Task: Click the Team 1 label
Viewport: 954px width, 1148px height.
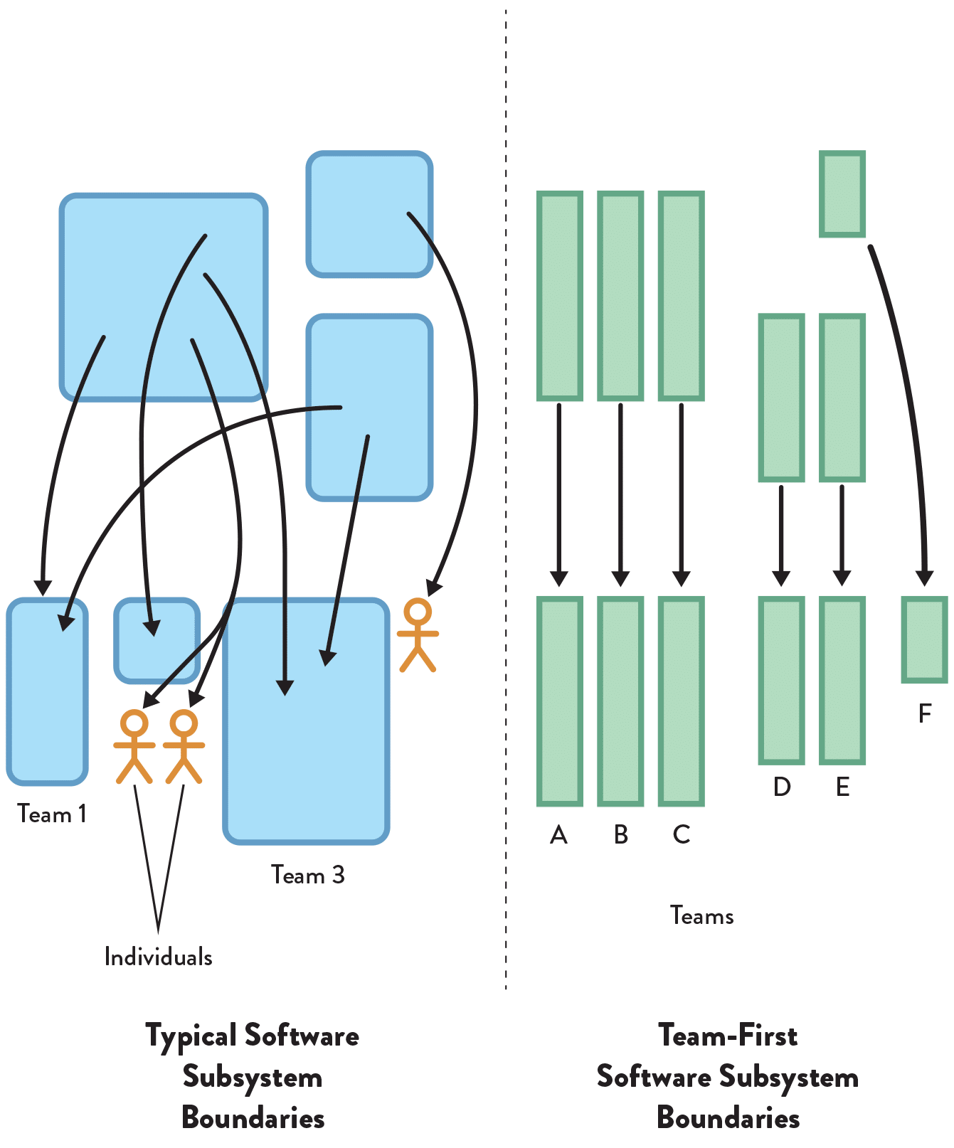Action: (52, 814)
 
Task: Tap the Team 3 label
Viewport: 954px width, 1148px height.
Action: (307, 875)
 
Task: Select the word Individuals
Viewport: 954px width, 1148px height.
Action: (158, 957)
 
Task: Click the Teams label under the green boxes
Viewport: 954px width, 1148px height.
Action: (701, 915)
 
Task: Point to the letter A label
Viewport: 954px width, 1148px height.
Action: (559, 834)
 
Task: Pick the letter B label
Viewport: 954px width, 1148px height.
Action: (620, 834)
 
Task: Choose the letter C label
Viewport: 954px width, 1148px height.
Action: (682, 834)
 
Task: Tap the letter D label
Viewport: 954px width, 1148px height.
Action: (782, 787)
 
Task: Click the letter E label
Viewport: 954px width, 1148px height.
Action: (842, 787)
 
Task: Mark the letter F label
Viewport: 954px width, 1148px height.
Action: (925, 713)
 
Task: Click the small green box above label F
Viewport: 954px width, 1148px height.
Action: (925, 639)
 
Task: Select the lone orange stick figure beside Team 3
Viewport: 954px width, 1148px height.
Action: (418, 635)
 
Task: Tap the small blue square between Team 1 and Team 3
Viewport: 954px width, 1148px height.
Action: (157, 640)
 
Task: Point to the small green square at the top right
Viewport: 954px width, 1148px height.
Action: (842, 193)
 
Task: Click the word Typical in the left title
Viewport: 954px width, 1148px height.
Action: (191, 1036)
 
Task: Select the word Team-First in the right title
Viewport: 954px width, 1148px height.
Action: (728, 1036)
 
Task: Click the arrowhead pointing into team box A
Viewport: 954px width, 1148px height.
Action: (559, 578)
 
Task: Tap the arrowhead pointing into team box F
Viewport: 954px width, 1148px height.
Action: (925, 577)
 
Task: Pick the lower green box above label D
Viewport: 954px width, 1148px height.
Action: (782, 680)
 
